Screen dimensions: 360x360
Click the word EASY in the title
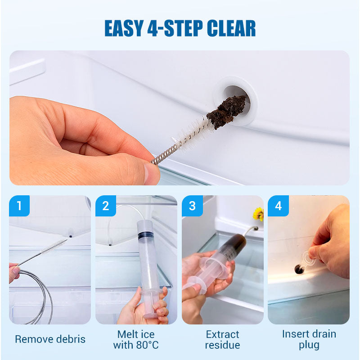pyautogui.click(x=124, y=28)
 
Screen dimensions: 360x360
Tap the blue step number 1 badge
pyautogui.click(x=19, y=206)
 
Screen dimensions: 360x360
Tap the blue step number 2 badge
pyautogui.click(x=106, y=206)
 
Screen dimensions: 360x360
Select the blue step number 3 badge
pyautogui.click(x=192, y=206)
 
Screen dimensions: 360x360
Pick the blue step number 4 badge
pyautogui.click(x=278, y=206)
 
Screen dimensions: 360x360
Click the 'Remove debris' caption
pyautogui.click(x=50, y=339)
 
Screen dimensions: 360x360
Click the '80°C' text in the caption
pyautogui.click(x=147, y=345)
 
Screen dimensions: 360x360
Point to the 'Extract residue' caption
pyautogui.click(x=222, y=340)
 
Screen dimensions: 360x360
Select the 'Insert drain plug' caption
pyautogui.click(x=309, y=339)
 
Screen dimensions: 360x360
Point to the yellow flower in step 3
pyautogui.click(x=258, y=214)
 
